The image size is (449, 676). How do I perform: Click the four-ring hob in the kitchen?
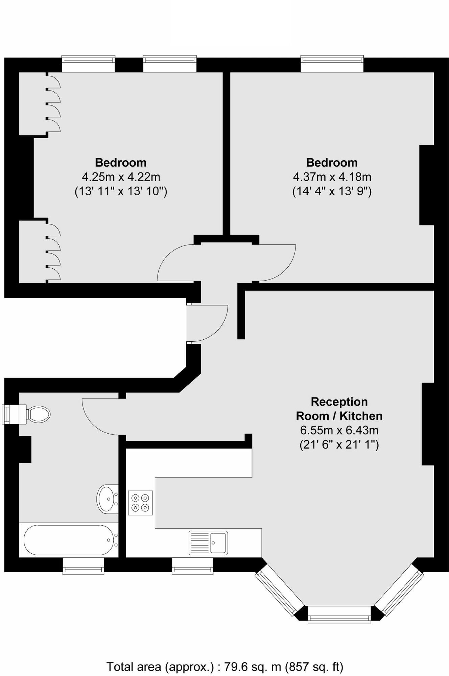pos(140,503)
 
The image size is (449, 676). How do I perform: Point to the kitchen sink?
pos(208,543)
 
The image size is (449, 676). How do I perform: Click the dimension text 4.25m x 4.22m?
pos(121,177)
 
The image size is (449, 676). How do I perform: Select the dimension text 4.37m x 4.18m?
pos(332,177)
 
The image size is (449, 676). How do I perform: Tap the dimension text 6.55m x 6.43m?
pos(339,430)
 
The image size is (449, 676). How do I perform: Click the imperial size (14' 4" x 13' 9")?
pos(332,191)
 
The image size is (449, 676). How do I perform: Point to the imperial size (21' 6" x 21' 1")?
pos(339,444)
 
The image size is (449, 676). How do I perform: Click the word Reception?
pos(339,402)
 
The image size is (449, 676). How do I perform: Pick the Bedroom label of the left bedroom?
pos(121,163)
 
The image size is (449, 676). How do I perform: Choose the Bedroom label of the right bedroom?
pos(332,163)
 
